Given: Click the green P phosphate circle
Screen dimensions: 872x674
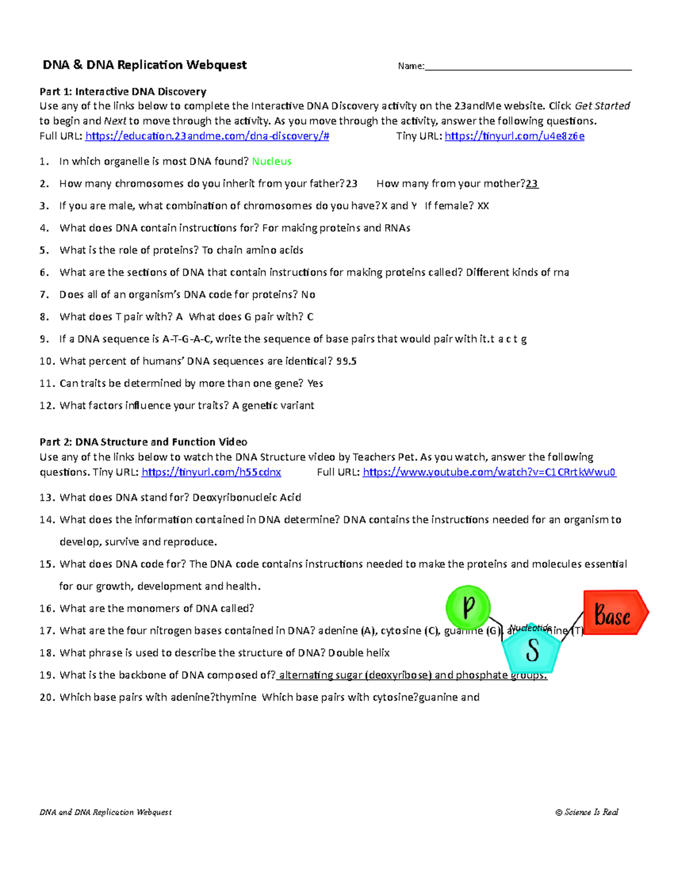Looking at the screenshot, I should (468, 607).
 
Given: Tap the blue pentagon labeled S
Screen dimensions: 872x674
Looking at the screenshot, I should (531, 650).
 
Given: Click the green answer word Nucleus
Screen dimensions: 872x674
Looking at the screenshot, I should (271, 162).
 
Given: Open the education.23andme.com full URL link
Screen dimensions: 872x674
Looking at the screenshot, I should (207, 136).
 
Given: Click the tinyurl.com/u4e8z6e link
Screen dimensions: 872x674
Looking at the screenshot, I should (514, 136).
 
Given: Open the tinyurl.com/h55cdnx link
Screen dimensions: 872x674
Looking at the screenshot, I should (211, 472).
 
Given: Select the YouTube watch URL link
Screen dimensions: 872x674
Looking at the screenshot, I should (489, 472).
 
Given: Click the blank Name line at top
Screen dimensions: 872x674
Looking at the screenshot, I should (528, 66).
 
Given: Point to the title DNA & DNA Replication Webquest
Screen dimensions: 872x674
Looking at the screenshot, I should (145, 65).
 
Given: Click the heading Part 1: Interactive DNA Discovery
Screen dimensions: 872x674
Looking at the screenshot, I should (123, 92).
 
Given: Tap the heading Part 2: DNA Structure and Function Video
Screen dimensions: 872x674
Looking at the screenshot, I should (143, 442).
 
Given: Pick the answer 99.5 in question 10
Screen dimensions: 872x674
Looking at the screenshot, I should (347, 362).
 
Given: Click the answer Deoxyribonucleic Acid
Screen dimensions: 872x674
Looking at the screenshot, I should (247, 497).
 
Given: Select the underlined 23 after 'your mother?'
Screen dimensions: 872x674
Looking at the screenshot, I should (532, 184).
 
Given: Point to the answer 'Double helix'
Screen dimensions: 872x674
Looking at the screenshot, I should (359, 653).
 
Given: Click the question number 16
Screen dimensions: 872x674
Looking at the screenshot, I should (47, 609).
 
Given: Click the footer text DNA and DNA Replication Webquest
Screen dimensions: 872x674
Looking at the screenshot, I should (106, 812).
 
